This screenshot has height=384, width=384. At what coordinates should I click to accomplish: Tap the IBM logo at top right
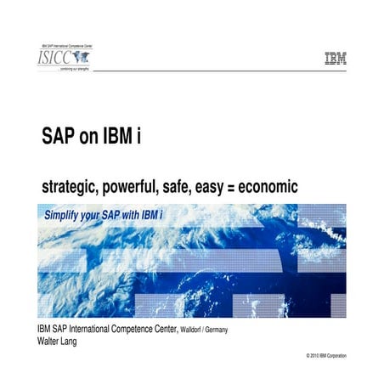pos(335,59)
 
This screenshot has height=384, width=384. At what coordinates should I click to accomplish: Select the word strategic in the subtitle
pos(71,186)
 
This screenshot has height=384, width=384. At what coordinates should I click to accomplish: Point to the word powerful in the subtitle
pos(138,186)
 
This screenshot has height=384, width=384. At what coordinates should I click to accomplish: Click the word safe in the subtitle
pos(190,186)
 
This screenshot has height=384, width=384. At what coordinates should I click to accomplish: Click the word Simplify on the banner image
pos(66,216)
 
